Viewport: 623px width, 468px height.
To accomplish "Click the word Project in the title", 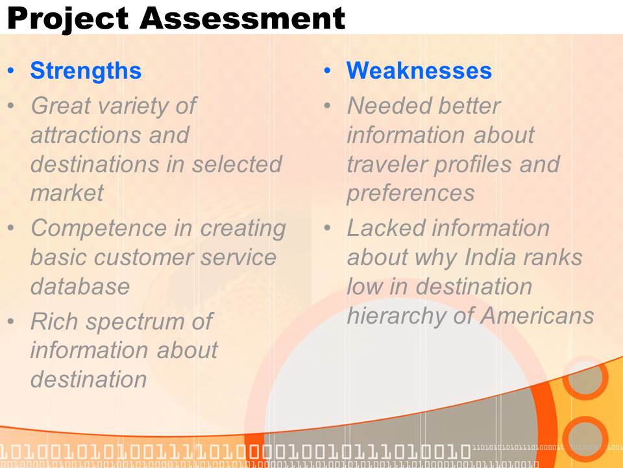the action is (x=68, y=19).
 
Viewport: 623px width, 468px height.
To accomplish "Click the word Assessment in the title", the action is (x=242, y=18).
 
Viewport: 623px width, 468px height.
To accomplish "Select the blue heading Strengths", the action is (x=86, y=71).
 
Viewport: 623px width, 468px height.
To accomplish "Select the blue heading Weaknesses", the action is (x=419, y=70).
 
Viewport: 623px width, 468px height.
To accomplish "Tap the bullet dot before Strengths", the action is (x=11, y=71).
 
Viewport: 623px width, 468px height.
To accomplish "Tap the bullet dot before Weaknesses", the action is (x=327, y=71).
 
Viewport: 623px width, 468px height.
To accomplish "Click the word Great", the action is (x=61, y=106).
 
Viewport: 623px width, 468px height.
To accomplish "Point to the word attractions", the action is (x=86, y=135).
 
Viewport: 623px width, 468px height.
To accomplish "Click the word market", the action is (x=67, y=193).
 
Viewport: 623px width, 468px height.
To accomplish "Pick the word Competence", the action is (x=99, y=228).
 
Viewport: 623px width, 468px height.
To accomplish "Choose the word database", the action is (x=80, y=286).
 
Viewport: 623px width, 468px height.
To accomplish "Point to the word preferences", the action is (x=410, y=194).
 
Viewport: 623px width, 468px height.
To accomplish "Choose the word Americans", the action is (x=537, y=316).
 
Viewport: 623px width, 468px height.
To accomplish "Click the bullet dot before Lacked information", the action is (x=327, y=228).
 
